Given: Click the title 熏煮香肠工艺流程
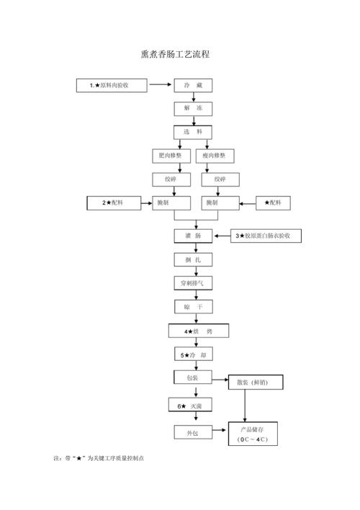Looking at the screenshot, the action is point(175,54).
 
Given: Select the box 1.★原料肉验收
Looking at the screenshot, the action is point(112,86).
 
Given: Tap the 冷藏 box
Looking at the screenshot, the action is point(193,86).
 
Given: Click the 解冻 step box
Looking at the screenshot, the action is point(193,109).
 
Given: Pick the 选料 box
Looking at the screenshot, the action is point(193,132).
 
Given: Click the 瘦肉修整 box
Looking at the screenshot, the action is point(215,156).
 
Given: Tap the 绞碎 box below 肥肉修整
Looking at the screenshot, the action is point(171,179).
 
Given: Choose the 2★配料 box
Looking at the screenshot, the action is point(114,203).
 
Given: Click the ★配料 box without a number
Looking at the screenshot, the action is point(273,203).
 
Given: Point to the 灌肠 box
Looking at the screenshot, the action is point(193,236).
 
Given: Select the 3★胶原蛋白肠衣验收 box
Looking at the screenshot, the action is point(266,236).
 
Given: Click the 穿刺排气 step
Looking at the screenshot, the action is point(193,283).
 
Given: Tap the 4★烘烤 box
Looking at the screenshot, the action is point(199,331).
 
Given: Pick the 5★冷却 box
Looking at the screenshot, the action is point(193,354).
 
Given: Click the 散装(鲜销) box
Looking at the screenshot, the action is point(256,382).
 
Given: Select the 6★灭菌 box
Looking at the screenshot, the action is point(190,406).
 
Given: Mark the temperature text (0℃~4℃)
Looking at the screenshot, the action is point(253,439).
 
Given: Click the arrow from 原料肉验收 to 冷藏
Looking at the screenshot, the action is point(160,84).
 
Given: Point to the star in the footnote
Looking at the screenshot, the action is point(79,458).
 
